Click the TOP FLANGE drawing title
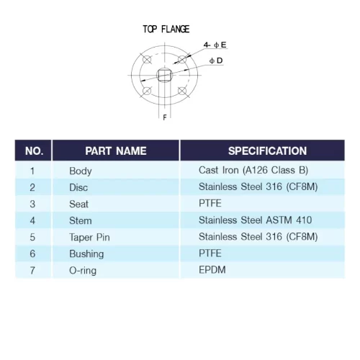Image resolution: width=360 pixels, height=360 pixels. pos(166,29)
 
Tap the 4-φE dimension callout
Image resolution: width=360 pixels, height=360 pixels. pos(215,45)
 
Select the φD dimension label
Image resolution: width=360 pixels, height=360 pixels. pos(216,60)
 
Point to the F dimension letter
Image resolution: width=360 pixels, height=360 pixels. pos(165,117)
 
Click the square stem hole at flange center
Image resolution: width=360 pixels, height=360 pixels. pos(164,75)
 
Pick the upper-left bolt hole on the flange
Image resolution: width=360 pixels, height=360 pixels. pos(147,59)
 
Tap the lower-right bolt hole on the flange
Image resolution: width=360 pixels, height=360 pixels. pos(182,91)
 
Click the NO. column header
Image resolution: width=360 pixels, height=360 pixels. pos(34,151)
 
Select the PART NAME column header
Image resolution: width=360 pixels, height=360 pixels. pos(116,151)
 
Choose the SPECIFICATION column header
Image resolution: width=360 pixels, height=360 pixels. pos(267,151)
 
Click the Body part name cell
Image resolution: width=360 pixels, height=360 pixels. pos(81,171)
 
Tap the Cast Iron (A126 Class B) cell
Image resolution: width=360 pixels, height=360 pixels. pos(253,170)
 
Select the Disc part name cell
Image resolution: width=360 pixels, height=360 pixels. pos(78,187)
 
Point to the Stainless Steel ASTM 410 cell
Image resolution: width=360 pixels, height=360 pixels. pos(255,220)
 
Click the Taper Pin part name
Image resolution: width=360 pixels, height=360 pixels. pos(89,238)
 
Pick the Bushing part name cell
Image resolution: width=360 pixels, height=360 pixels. pos(86,254)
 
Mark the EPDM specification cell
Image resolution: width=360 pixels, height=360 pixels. pos(212,270)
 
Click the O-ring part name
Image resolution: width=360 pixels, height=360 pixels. pos(83,271)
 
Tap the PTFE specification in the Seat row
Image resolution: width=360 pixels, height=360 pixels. pos(210,203)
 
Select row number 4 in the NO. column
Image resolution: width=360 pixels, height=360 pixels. pos(32,220)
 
